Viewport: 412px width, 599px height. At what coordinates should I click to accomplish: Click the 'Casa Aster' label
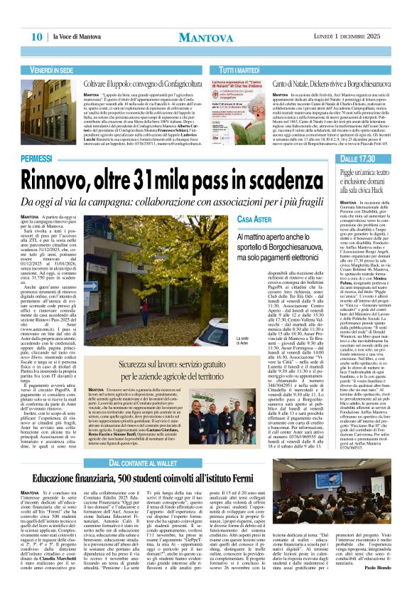255,219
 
